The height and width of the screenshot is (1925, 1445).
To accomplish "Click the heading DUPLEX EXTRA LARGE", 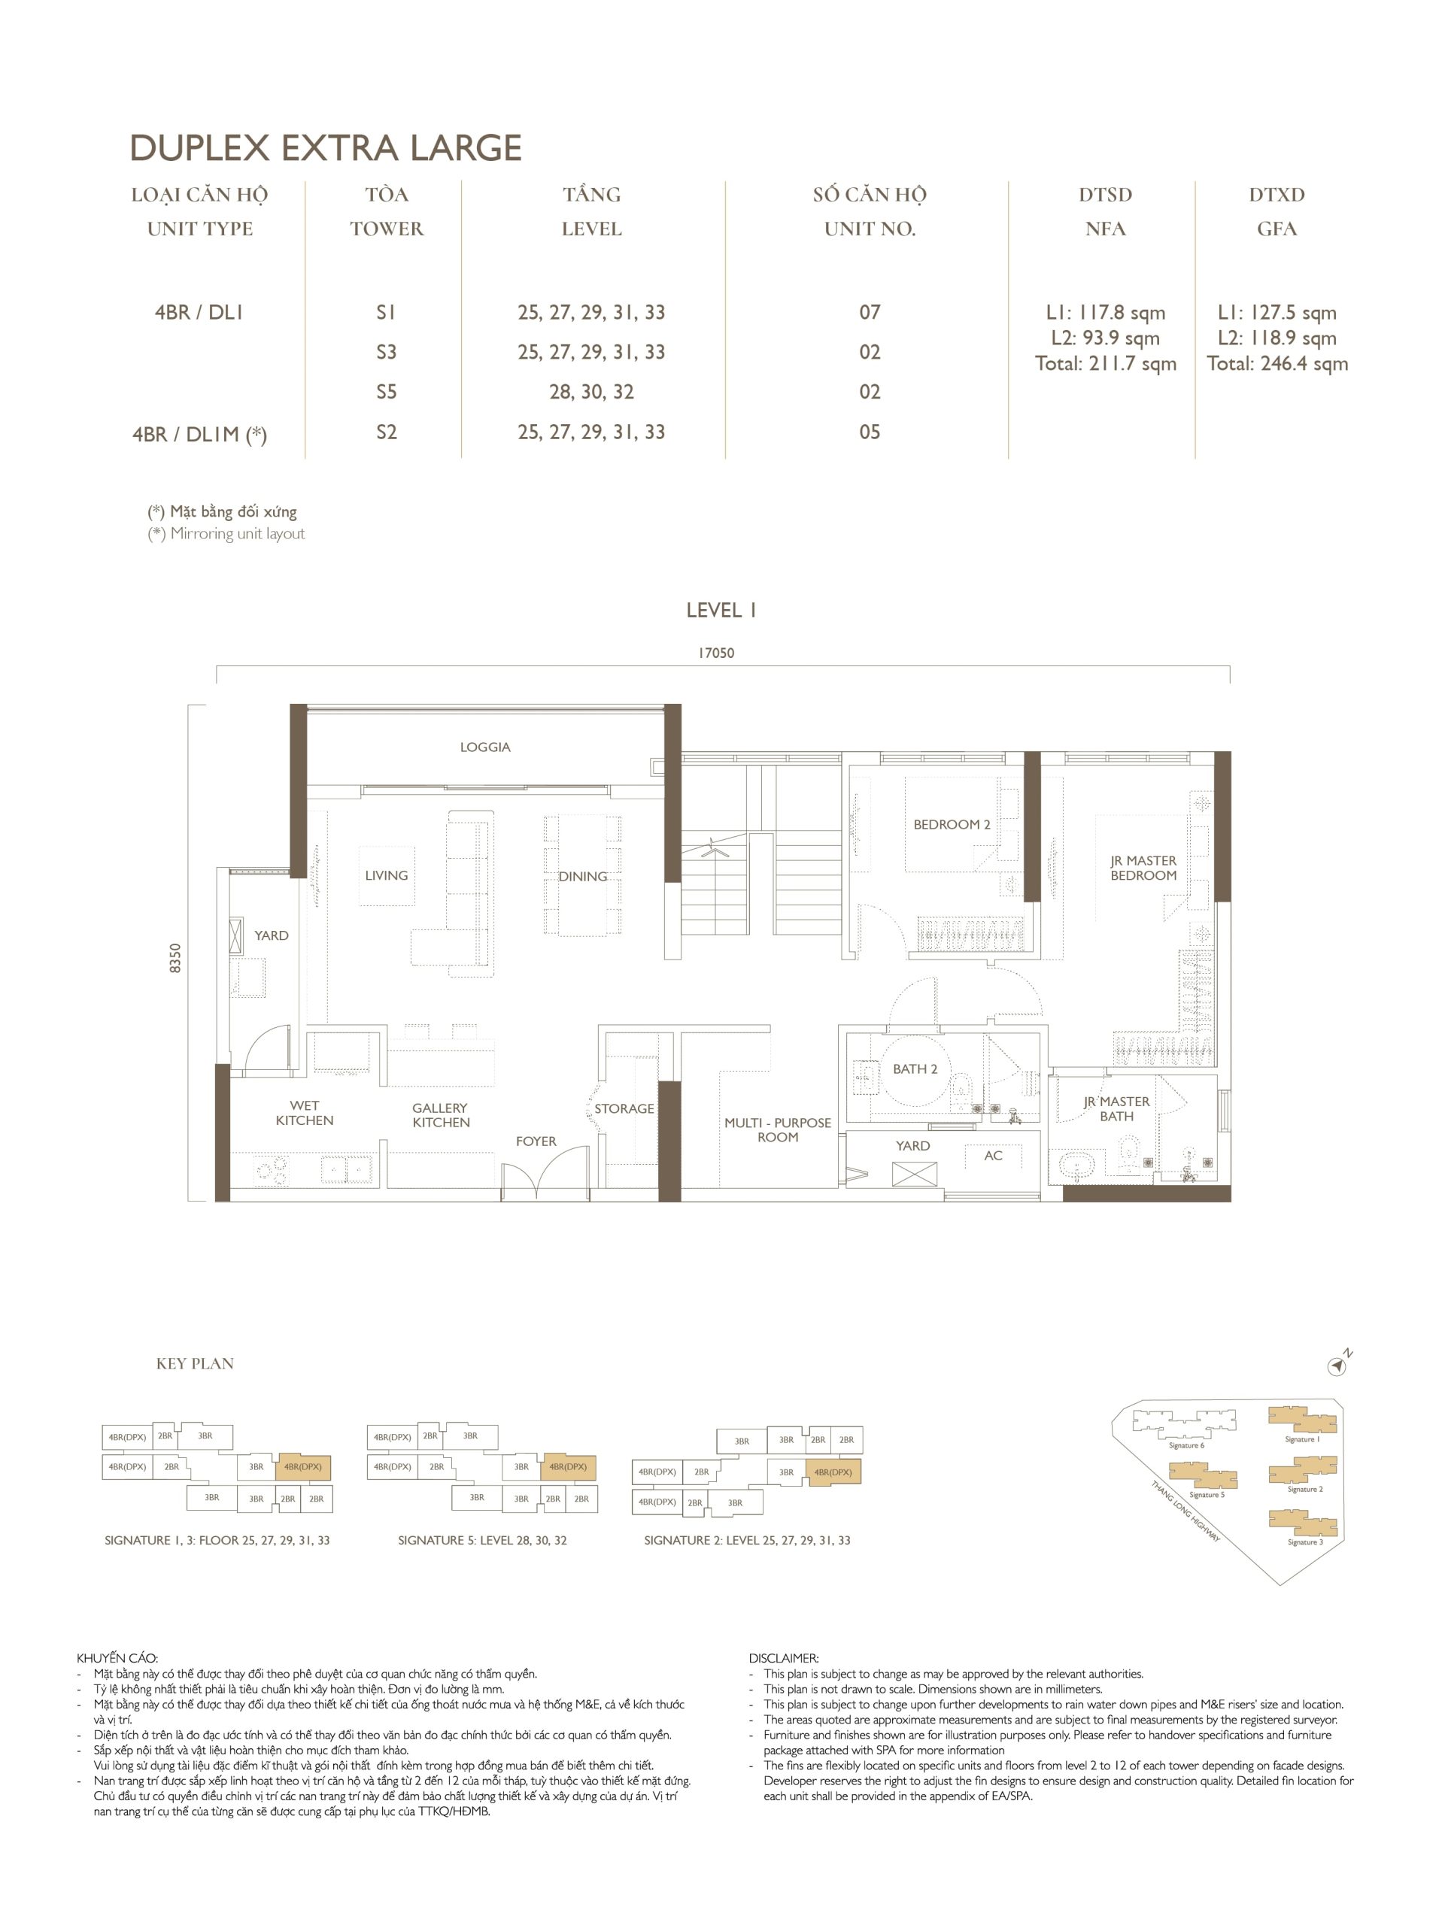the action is tap(326, 148).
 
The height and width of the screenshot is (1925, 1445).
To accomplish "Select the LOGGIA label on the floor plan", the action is tap(485, 747).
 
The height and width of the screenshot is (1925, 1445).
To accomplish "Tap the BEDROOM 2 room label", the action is tap(952, 824).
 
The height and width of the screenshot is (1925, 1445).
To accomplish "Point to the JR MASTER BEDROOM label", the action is tap(1143, 868).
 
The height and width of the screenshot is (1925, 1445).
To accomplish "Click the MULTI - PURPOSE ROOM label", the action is tap(777, 1129).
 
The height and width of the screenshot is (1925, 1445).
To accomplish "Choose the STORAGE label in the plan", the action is tap(624, 1108).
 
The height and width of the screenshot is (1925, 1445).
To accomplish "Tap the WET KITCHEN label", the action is tap(305, 1113).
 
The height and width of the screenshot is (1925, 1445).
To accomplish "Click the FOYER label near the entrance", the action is tap(536, 1141).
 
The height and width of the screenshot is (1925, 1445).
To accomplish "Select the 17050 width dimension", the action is tap(716, 653).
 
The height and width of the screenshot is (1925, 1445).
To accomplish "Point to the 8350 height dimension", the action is tap(176, 957).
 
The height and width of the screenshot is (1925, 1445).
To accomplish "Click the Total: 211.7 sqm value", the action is tap(1106, 364).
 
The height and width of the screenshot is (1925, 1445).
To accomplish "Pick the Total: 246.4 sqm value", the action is tap(1277, 364).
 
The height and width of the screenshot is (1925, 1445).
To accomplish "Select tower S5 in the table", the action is tap(387, 392).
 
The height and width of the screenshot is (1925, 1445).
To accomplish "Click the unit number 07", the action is tap(870, 311).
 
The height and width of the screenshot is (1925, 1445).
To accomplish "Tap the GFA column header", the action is tap(1277, 229).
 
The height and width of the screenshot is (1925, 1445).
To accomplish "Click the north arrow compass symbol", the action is tap(1338, 1367).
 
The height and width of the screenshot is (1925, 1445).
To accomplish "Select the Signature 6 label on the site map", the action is tap(1186, 1445).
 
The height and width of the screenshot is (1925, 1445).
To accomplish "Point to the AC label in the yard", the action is tap(993, 1156).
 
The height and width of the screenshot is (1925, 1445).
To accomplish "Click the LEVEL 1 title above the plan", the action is tap(721, 610).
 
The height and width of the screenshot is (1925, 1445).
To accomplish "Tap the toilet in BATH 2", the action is tap(961, 1091).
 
